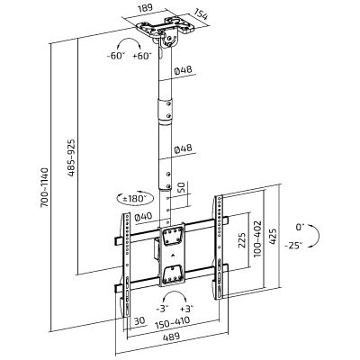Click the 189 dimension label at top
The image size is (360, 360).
[x=146, y=7]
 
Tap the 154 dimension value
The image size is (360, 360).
[x=200, y=14]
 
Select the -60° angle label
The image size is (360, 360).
[x=115, y=56]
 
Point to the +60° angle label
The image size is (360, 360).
[x=141, y=56]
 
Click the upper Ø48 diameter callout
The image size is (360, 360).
[x=183, y=71]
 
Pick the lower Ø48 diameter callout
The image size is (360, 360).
[x=183, y=148]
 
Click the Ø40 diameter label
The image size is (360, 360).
[x=143, y=217]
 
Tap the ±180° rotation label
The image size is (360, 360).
[x=135, y=198]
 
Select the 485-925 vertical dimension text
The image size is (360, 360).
[x=71, y=157]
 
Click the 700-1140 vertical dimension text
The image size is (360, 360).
[x=44, y=187]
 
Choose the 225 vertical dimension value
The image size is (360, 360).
[x=242, y=239]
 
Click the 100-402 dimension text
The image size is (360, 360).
[x=257, y=238]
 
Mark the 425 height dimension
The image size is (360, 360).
[x=273, y=237]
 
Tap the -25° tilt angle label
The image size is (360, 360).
[x=294, y=246]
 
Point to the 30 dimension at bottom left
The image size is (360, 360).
[x=139, y=320]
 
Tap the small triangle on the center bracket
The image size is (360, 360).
[x=174, y=256]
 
